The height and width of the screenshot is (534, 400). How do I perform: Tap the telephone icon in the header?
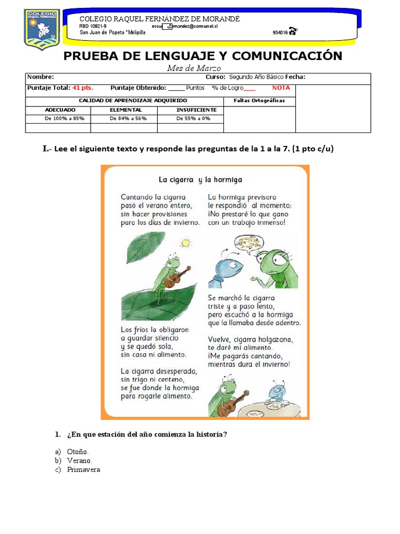[293, 31]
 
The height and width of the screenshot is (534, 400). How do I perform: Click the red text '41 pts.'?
[83, 88]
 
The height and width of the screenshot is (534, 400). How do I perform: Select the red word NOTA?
[281, 88]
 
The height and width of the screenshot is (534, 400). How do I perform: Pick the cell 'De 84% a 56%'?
[124, 118]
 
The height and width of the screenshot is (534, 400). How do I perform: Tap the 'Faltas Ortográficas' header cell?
[259, 101]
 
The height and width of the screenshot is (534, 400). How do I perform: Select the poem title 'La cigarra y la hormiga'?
[201, 180]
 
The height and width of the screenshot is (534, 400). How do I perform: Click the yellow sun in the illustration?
[185, 242]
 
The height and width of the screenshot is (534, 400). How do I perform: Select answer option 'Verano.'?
[79, 461]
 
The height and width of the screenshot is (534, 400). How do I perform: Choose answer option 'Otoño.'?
[78, 452]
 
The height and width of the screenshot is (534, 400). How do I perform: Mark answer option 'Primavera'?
[83, 470]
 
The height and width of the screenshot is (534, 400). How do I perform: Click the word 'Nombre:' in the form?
[40, 77]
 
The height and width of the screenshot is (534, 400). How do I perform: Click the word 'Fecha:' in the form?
[295, 77]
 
